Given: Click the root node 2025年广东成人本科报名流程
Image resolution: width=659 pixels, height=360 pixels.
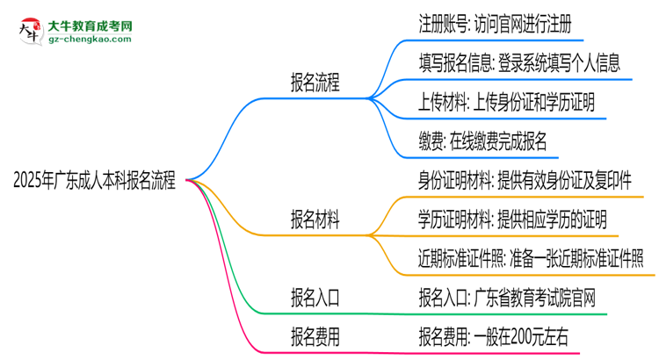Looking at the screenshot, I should point(94,182).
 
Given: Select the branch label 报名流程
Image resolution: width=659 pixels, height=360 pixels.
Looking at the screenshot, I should point(315,84).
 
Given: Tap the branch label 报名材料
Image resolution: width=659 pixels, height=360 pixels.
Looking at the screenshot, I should point(315,218).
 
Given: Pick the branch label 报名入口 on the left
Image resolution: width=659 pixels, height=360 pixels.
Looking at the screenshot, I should point(315,297).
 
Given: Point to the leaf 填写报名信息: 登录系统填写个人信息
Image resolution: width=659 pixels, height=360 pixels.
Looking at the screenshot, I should point(520,62).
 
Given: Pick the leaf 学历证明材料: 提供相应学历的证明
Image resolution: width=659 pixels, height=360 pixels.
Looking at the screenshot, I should point(512,218).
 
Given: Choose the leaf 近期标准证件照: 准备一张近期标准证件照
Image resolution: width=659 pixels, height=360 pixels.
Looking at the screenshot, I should point(531,257).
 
